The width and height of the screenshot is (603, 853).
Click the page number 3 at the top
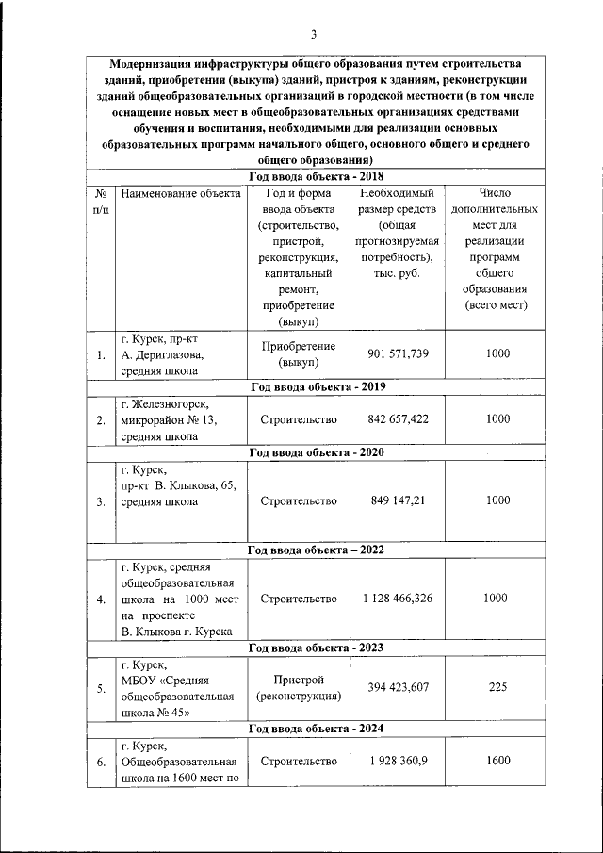point(314,35)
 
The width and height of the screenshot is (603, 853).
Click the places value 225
point(497,687)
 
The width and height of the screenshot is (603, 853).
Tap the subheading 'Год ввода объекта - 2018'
point(315,176)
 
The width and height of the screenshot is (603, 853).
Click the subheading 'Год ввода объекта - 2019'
point(315,386)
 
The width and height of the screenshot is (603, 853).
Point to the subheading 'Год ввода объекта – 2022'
point(315,550)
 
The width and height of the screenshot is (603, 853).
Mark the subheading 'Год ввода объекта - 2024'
point(315,729)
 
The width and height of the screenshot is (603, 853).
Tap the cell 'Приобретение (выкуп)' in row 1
point(299,353)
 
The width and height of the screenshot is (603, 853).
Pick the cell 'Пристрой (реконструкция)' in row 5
point(299,688)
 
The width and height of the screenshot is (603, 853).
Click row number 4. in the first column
point(100,599)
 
